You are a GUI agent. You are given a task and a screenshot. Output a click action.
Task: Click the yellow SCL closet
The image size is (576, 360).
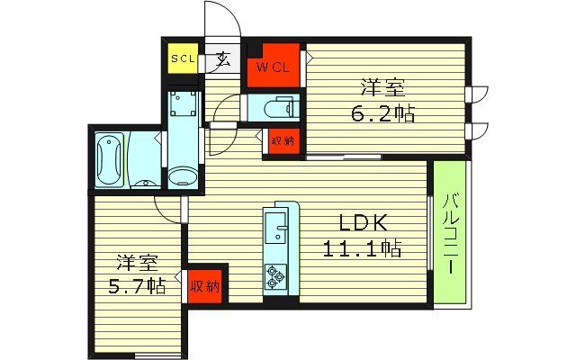(x=184, y=60)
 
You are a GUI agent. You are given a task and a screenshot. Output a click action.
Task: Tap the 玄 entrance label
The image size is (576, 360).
(x=221, y=61)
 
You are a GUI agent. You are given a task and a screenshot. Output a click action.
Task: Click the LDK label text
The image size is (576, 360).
(x=361, y=222)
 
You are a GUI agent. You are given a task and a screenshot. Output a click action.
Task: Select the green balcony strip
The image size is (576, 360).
(x=451, y=231)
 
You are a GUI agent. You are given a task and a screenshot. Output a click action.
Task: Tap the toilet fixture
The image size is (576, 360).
(x=273, y=109)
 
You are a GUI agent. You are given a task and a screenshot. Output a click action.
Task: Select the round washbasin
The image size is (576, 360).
(x=182, y=175)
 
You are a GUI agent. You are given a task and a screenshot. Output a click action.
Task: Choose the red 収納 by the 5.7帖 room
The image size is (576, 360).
(x=204, y=287)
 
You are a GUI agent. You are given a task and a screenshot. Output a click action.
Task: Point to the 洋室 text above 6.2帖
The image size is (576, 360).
(x=383, y=88)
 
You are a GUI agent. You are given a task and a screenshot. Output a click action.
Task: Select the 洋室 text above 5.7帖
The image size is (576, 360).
(x=137, y=264)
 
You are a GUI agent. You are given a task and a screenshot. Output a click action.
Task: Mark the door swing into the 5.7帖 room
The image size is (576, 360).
(x=167, y=208)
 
